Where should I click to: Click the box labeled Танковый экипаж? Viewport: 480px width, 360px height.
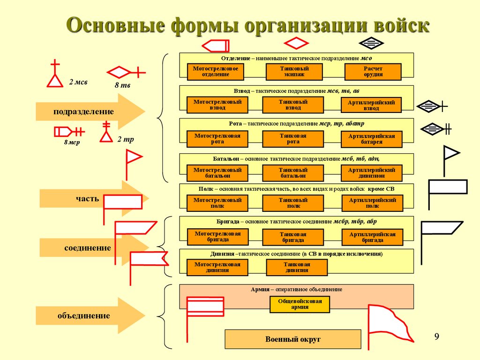click(294, 71)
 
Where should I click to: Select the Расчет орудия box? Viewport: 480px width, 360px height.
click(373, 71)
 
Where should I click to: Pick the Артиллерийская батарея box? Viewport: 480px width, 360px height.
click(372, 139)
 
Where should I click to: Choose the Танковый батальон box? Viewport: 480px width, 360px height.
click(293, 173)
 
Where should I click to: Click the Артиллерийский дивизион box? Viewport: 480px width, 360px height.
click(372, 173)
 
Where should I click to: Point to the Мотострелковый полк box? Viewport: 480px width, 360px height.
click(217, 203)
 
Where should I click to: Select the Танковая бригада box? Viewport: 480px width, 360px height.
click(293, 237)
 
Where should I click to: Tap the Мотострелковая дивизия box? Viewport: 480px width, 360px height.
click(217, 267)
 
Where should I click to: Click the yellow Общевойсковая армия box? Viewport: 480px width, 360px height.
click(300, 304)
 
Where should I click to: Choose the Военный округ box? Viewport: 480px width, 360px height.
click(293, 339)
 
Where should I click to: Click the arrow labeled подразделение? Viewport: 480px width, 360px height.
click(90, 112)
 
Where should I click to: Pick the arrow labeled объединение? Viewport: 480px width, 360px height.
click(90, 315)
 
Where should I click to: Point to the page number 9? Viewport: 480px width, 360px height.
click(437, 336)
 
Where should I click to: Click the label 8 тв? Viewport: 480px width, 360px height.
click(122, 86)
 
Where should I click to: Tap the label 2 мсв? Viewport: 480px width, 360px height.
click(78, 82)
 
